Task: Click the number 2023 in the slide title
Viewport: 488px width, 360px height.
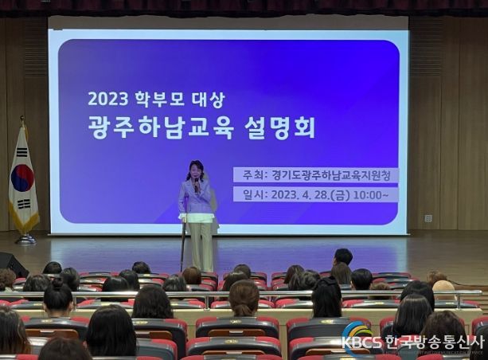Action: (x=108, y=99)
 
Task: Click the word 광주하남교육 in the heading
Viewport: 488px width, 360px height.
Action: (x=161, y=127)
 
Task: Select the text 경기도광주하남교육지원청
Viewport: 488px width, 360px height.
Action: (x=330, y=175)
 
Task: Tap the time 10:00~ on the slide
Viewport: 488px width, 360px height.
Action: (x=371, y=195)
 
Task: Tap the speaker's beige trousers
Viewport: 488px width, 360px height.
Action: (x=201, y=246)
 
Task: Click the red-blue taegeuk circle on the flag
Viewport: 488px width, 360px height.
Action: (x=22, y=178)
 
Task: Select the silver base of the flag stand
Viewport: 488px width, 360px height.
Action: (x=25, y=239)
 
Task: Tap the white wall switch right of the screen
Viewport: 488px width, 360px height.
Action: (x=428, y=218)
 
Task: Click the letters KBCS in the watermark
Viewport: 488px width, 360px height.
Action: (x=361, y=342)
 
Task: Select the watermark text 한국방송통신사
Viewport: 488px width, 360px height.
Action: (x=435, y=342)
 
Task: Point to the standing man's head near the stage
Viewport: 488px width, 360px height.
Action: (x=343, y=257)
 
